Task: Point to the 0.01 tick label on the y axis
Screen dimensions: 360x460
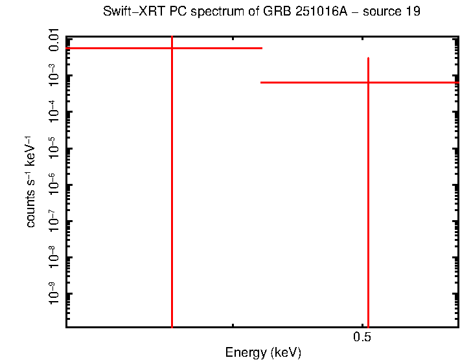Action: (x=55, y=39)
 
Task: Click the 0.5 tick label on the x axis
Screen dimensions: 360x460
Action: (x=362, y=338)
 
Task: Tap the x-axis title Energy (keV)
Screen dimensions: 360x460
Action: (x=262, y=353)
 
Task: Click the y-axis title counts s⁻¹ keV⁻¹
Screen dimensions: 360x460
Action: (x=30, y=181)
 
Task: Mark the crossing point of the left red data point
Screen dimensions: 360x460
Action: (x=172, y=48)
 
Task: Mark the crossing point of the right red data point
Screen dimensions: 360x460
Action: (x=368, y=82)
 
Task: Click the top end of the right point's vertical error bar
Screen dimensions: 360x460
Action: (x=368, y=58)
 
